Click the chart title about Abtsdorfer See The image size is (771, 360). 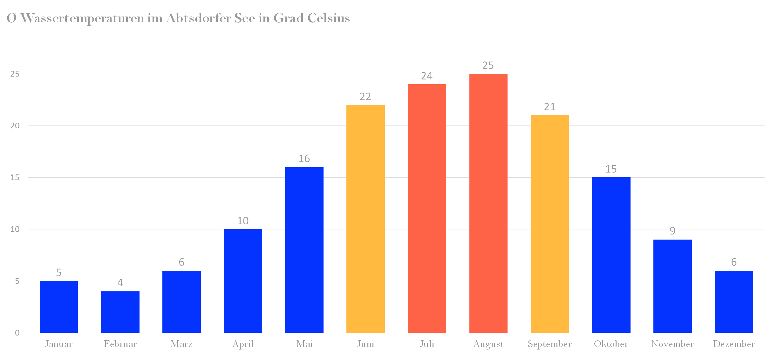click(178, 18)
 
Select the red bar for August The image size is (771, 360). click(488, 203)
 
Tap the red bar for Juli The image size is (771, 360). click(427, 208)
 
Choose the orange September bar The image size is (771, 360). click(549, 224)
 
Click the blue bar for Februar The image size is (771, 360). click(120, 312)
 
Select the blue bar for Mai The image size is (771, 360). click(304, 250)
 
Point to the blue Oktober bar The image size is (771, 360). click(611, 255)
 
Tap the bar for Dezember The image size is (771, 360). click(734, 302)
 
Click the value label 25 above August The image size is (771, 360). click(488, 65)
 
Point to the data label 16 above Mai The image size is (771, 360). click(304, 159)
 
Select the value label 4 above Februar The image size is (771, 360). click(120, 282)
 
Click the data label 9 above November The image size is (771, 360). click(672, 231)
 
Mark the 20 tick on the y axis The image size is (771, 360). click(15, 126)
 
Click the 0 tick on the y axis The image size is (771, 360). click(17, 333)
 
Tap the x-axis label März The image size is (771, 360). click(181, 344)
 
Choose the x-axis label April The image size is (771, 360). click(243, 344)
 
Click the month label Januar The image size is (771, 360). click(59, 344)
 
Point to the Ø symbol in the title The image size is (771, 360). click(11, 18)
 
